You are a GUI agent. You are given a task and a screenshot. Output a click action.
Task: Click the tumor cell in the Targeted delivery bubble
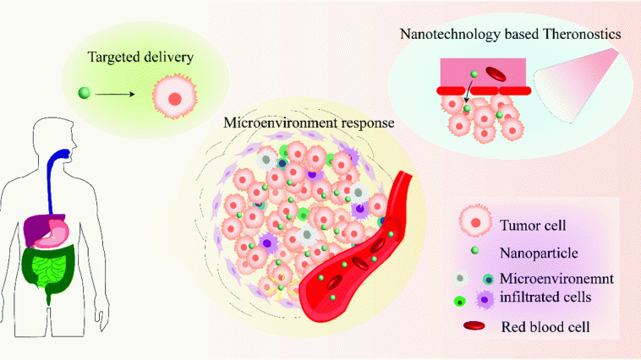coord(173,97)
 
